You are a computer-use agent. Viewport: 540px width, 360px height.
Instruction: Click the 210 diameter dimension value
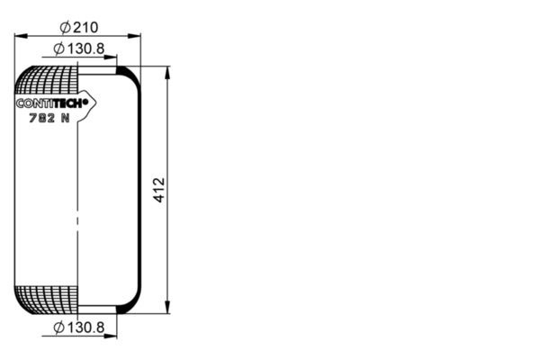85,27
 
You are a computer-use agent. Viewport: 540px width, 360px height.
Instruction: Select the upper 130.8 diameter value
85,49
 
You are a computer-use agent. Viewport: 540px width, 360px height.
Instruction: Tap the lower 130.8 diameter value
85,328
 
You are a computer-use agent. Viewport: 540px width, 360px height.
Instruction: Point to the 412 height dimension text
159,190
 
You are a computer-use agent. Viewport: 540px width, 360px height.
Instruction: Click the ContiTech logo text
50,103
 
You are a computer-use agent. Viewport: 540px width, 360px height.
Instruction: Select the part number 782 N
49,118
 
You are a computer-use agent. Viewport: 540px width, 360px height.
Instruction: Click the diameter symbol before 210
65,27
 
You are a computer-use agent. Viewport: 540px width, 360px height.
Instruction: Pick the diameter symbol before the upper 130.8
58,49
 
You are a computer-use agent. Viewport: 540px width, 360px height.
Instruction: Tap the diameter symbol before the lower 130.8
58,328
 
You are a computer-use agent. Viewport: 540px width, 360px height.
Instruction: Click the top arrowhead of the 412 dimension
167,73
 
